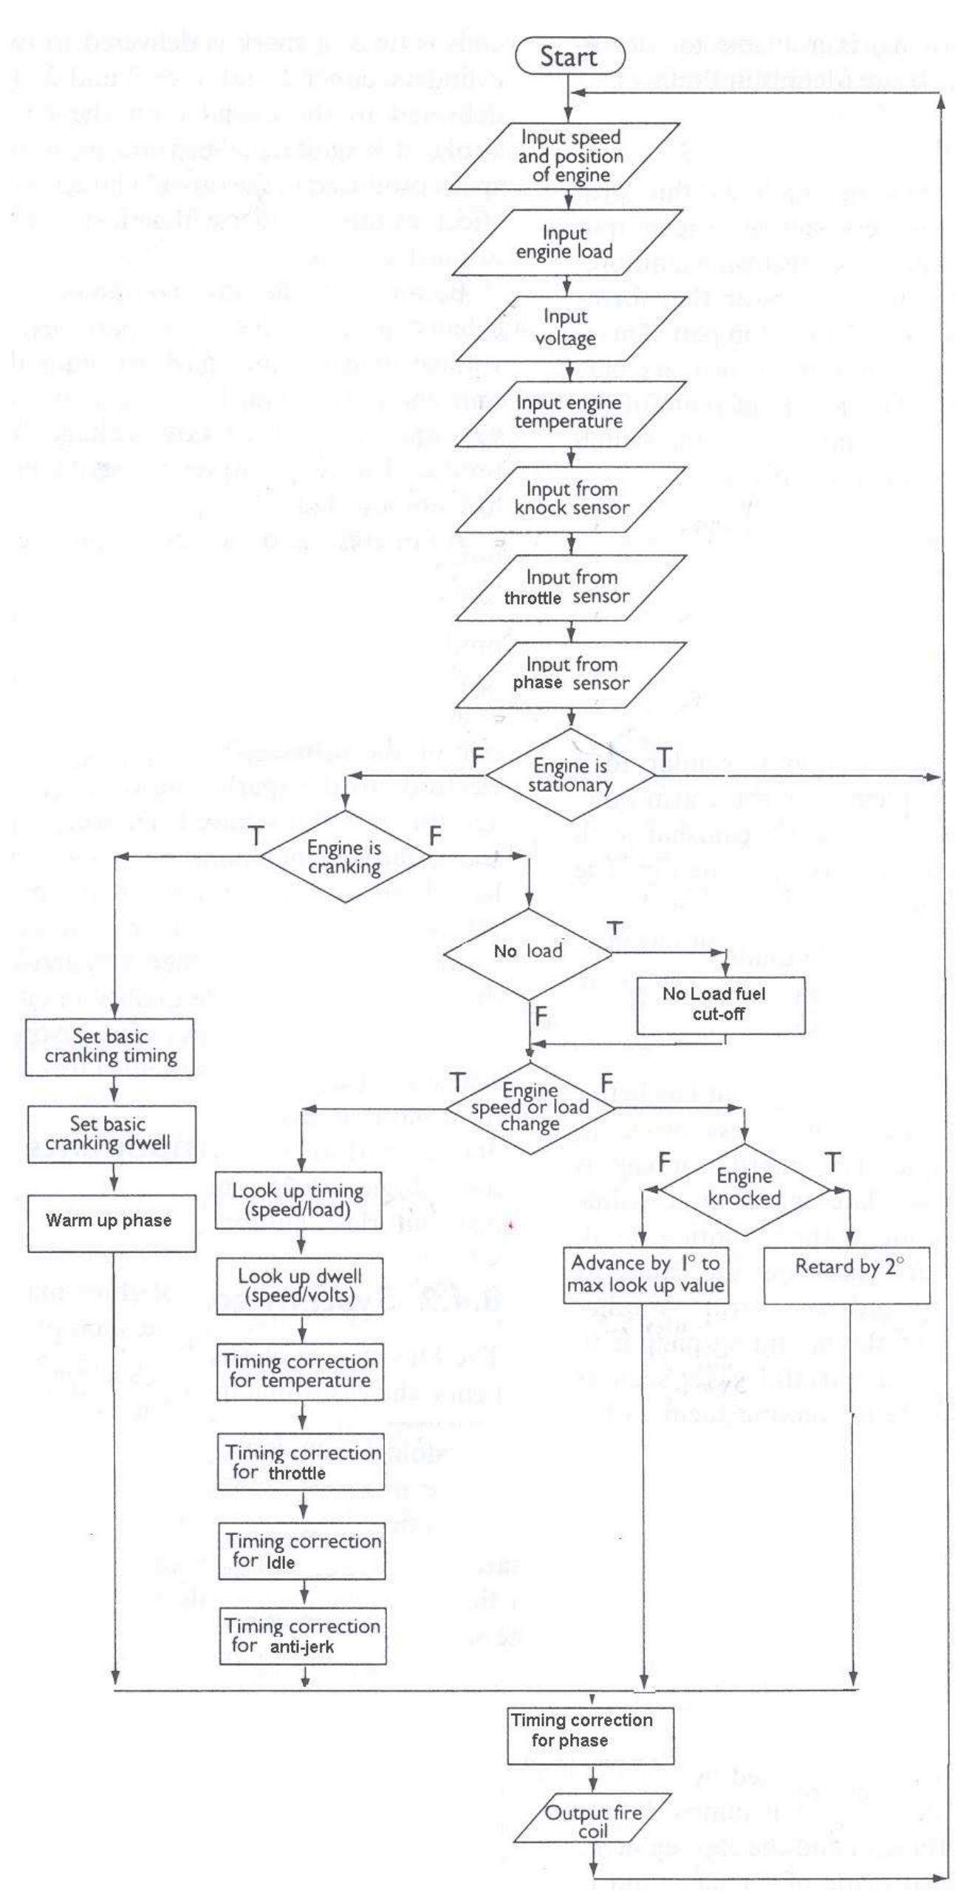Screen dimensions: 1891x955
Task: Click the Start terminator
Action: tap(567, 56)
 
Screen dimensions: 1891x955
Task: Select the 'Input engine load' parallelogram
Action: tap(566, 242)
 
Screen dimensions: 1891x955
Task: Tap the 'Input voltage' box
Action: tap(567, 328)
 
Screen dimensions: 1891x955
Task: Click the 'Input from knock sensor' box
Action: tap(572, 499)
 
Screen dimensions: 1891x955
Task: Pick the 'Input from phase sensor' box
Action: tap(572, 674)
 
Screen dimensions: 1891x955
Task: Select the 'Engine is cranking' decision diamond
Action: tap(345, 858)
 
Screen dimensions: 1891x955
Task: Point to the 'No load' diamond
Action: tap(528, 952)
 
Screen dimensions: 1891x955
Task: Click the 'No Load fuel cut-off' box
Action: tap(721, 1005)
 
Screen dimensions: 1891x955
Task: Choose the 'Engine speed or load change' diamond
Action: tap(530, 1108)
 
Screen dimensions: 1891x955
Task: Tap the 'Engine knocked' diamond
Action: tap(745, 1189)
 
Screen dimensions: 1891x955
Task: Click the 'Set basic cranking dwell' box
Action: tap(111, 1134)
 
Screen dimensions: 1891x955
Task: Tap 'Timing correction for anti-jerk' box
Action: tap(302, 1636)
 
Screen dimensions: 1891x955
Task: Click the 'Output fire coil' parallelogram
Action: tap(593, 1823)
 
